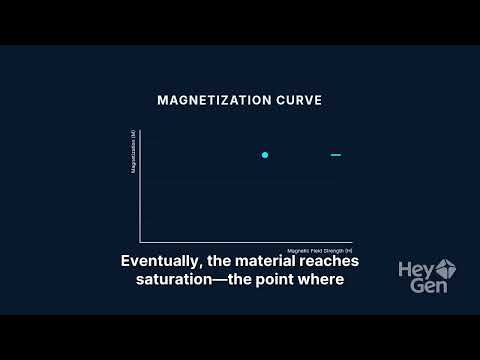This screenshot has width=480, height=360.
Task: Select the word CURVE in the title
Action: [x=297, y=101]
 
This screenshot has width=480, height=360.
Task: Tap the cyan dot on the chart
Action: [x=265, y=155]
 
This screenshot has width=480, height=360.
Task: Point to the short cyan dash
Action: [x=336, y=155]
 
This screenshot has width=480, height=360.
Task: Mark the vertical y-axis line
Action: [x=140, y=190]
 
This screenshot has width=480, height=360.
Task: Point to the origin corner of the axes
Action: [x=140, y=241]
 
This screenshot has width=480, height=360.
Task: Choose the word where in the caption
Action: [x=323, y=279]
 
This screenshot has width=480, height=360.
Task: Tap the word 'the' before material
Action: [x=221, y=261]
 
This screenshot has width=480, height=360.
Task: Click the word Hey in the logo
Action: [x=415, y=268]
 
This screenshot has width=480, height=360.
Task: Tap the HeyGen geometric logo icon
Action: [x=446, y=267]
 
